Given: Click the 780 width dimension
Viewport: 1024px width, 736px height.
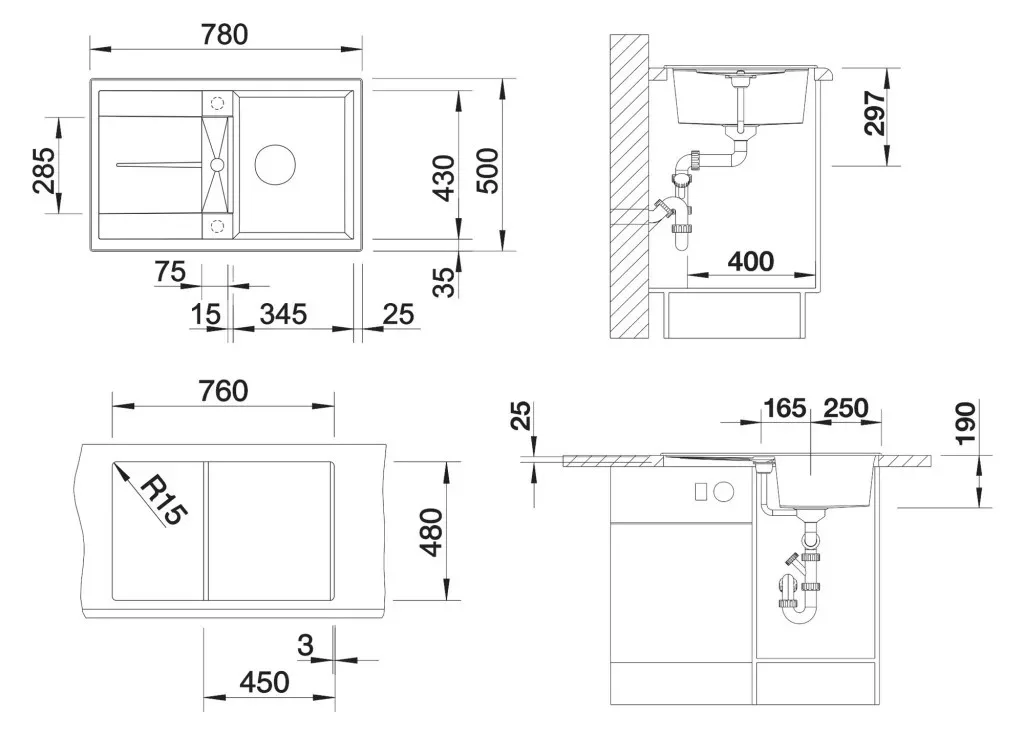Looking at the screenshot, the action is coord(224,35).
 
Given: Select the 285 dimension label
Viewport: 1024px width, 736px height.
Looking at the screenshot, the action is coord(44,170).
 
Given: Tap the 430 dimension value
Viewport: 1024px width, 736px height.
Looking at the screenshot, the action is coord(444,178).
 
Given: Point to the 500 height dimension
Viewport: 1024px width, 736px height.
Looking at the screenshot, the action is coord(487,170).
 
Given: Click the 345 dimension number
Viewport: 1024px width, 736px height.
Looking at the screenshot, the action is coord(283,314).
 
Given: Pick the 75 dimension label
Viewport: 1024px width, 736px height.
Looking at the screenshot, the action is coord(170,272).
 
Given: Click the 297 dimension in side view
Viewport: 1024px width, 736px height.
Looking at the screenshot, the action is coord(874,113).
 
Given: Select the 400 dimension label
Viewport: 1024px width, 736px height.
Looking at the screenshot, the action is coord(751,261).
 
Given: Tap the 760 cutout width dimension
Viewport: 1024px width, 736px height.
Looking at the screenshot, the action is coord(223,391).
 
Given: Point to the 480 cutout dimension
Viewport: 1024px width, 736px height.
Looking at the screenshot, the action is coord(431,532).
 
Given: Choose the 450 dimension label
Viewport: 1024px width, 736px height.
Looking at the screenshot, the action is coord(264,682).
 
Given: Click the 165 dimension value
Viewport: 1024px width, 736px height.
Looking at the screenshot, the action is coord(784,408).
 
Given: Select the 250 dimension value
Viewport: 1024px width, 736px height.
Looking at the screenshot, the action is coord(846,408).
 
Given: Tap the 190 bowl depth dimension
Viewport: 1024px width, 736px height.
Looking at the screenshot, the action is coord(965,424).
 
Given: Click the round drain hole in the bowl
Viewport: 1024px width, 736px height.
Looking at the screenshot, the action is coord(275,164).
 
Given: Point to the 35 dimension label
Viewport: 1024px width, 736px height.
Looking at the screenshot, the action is coord(444,281).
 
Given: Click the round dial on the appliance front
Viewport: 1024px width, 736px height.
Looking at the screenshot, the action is coord(724,492).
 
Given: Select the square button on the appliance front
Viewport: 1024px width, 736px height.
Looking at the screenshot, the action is coord(701,492).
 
